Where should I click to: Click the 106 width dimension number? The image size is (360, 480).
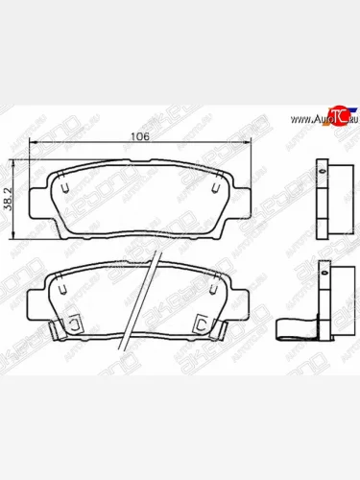(x=141, y=136)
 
